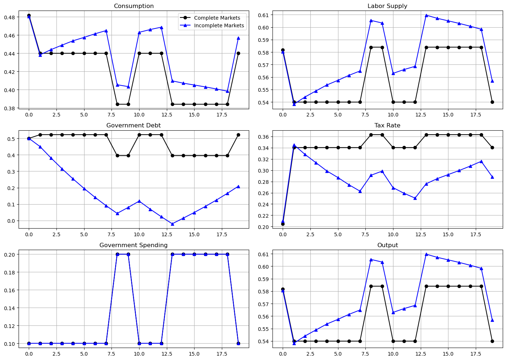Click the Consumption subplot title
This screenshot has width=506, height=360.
[134, 6]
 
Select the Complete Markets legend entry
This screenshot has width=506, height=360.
[217, 18]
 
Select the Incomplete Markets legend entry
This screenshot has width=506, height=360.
[219, 25]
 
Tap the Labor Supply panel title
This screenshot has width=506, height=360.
[387, 6]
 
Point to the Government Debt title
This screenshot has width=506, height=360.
[134, 126]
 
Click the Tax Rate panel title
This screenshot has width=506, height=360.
[387, 126]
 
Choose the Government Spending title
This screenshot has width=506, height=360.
[134, 245]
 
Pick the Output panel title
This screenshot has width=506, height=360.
[387, 245]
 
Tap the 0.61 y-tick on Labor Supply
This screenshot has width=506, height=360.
[263, 15]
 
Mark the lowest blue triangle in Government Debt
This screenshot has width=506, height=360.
[172, 224]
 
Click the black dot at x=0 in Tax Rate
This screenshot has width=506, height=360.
[283, 224]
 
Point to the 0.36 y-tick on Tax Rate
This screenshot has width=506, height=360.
[263, 137]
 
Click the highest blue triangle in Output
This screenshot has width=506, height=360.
[426, 254]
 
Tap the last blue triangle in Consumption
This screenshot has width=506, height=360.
[238, 38]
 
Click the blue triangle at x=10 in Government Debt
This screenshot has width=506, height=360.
[139, 201]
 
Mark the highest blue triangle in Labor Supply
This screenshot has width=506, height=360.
[426, 15]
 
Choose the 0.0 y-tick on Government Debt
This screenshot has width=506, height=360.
[11, 221]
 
